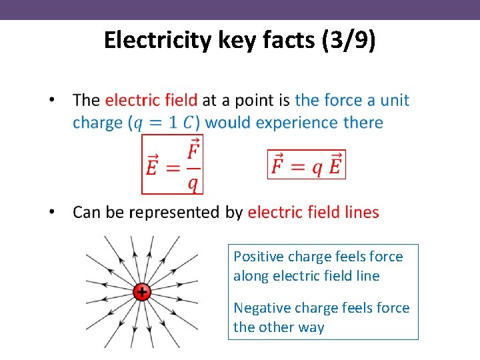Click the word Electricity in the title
click(157, 41)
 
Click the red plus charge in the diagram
click(141, 291)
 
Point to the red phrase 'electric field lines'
click(313, 213)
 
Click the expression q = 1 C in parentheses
click(163, 123)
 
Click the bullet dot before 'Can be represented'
click(52, 213)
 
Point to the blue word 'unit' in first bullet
click(395, 100)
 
